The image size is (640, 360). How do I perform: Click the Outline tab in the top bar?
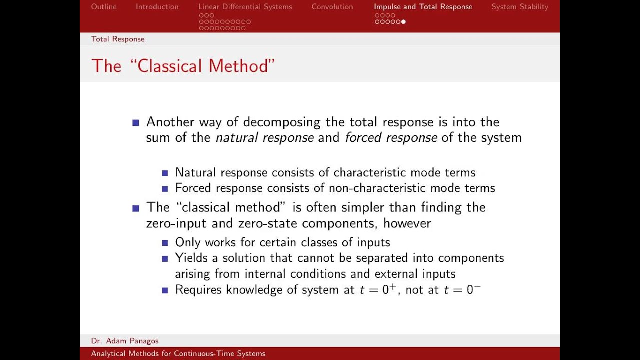point(104,7)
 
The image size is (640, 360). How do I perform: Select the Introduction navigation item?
point(157,7)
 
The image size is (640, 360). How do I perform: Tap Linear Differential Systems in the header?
point(245,7)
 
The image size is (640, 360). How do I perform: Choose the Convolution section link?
point(332,7)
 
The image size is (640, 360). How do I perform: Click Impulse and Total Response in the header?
point(423,7)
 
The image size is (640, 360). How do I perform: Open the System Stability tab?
point(520,7)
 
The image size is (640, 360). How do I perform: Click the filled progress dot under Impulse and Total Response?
point(403,22)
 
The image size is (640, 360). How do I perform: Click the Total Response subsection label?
point(118,39)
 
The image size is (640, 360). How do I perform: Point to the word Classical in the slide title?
point(170,66)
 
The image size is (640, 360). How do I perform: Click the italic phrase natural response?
point(264,138)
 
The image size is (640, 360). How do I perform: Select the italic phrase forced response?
point(391,138)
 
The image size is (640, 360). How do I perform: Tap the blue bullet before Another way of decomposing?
point(135,123)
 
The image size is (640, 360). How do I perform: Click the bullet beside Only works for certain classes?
point(165,243)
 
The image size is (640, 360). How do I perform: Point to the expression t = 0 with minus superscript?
point(462,289)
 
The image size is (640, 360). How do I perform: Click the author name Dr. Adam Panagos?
point(125,341)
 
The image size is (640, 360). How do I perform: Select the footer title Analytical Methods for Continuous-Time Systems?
point(178,354)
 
